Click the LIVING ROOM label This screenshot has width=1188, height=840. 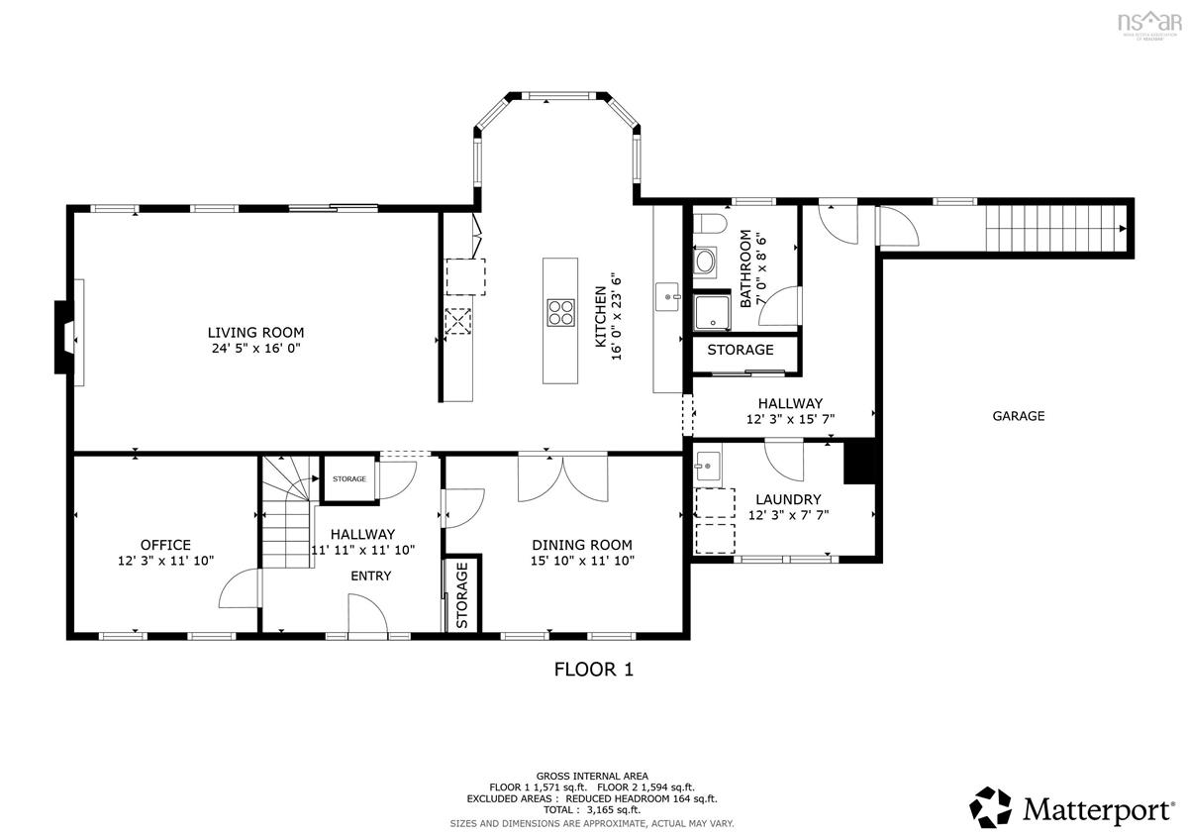click(x=255, y=333)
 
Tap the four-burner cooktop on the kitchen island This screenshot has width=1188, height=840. click(x=560, y=313)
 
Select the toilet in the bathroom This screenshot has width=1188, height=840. click(x=709, y=224)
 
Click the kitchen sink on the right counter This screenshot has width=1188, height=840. click(x=667, y=296)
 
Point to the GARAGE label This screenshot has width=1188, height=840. click(x=1019, y=416)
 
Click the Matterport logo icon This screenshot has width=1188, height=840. click(x=991, y=807)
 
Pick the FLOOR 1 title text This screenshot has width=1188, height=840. click(x=593, y=670)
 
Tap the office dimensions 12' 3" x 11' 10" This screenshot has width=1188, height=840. click(x=165, y=561)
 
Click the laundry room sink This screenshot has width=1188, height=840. click(x=708, y=467)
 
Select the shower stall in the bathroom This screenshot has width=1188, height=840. click(x=712, y=311)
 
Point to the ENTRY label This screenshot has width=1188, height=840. click(x=370, y=576)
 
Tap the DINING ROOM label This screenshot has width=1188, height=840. click(x=582, y=545)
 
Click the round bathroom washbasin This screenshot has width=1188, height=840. click(x=705, y=261)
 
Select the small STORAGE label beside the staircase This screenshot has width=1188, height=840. click(x=349, y=478)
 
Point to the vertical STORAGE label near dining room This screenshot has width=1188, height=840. click(x=462, y=595)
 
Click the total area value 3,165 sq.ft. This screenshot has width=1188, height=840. click(x=614, y=809)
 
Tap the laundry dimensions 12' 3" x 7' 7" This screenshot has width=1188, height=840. click(x=788, y=515)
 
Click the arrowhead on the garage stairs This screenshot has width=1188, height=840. click(x=1123, y=228)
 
